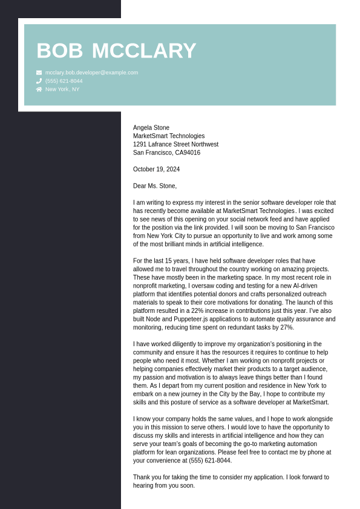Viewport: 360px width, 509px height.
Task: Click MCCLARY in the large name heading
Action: pyautogui.click(x=144, y=51)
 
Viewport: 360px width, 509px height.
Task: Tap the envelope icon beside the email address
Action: pyautogui.click(x=39, y=73)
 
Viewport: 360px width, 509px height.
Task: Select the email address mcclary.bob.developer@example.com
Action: pyautogui.click(x=91, y=73)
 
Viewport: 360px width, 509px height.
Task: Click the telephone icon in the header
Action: pyautogui.click(x=39, y=81)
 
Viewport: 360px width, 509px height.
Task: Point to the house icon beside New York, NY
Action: pyautogui.click(x=39, y=90)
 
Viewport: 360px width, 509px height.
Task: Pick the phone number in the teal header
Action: pyautogui.click(x=64, y=81)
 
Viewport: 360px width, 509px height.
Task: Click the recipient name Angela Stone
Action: pyautogui.click(x=151, y=128)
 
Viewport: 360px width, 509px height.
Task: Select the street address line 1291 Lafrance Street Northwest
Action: pyautogui.click(x=175, y=145)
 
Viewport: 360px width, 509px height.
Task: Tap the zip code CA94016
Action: pyautogui.click(x=188, y=153)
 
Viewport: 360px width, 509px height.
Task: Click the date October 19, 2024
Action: pyautogui.click(x=156, y=169)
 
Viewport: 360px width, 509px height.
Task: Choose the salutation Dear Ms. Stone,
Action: pyautogui.click(x=155, y=186)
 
